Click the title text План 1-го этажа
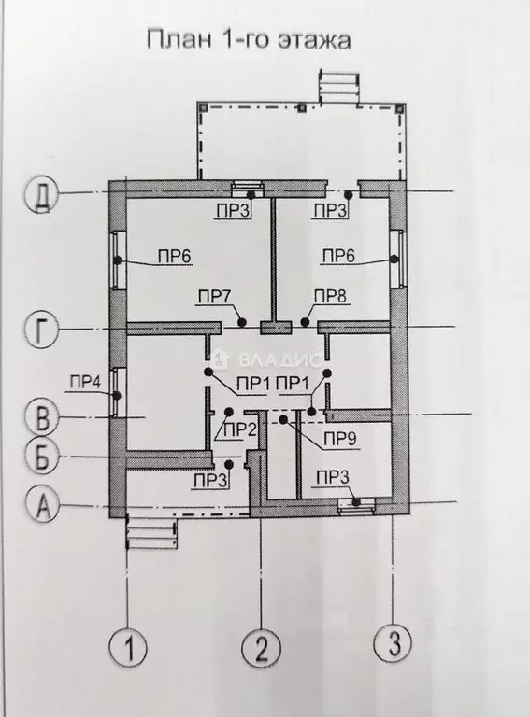(249, 39)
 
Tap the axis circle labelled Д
(42, 195)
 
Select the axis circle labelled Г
(42, 330)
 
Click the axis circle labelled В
(43, 417)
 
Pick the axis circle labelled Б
(42, 456)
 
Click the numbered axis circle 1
(129, 648)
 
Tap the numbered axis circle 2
(262, 648)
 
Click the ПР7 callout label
(214, 296)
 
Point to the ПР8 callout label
(330, 296)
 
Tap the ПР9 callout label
(340, 440)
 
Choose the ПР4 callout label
(86, 382)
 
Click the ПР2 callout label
(239, 429)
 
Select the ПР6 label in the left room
(175, 256)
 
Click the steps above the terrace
(339, 85)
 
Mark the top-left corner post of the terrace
(204, 108)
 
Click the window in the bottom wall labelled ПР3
(356, 505)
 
